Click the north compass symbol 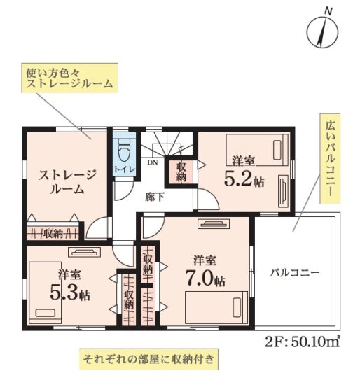coord(322,31)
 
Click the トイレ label coord(124,169)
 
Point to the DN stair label coord(153,162)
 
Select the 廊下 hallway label coord(155,197)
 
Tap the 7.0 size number coord(200,278)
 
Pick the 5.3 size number coord(64,293)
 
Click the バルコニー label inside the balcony coord(295,273)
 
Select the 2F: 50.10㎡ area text coord(303,341)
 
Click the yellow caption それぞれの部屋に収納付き coord(148,359)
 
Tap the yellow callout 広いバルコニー coord(330,158)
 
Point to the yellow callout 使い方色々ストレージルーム coord(69,78)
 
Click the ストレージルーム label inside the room coord(68,182)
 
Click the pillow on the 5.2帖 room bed coord(277,150)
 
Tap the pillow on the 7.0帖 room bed coord(237,307)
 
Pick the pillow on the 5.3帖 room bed coord(45,313)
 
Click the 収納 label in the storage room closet coord(53,233)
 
